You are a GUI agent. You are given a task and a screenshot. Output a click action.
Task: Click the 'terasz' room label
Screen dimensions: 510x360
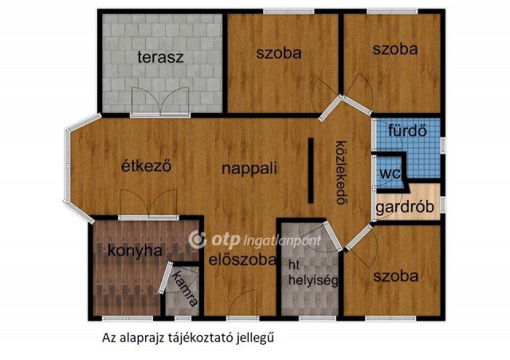coord(160,57)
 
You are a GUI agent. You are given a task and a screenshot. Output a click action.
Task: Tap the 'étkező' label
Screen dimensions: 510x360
coord(146,166)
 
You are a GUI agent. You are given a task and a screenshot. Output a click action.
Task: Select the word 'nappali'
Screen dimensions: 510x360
coord(249,169)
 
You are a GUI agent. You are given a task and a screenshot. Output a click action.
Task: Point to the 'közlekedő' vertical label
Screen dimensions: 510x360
coord(340,172)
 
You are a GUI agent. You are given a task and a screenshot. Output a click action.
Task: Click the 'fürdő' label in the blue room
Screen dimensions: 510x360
coord(407,131)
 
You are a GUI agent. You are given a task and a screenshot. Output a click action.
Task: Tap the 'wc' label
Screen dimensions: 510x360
coord(390,174)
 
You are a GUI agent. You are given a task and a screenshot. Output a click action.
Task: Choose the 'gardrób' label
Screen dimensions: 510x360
coord(405,207)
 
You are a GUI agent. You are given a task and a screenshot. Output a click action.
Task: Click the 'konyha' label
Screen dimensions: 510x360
coord(135,251)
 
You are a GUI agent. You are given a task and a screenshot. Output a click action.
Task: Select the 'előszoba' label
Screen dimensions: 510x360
coord(242,260)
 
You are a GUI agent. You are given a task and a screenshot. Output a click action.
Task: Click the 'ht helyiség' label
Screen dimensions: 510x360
coord(313,272)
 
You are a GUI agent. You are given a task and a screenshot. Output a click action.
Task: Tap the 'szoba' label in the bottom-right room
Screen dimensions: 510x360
coord(395,276)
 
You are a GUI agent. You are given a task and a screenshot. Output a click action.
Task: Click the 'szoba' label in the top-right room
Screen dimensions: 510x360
coord(395,49)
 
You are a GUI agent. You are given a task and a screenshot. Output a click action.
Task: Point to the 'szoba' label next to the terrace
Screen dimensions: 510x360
coord(279,53)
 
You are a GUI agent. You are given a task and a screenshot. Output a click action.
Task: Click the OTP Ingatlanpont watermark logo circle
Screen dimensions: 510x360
coord(198,240)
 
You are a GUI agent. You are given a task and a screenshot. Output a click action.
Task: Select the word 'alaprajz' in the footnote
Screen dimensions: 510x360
coord(142,338)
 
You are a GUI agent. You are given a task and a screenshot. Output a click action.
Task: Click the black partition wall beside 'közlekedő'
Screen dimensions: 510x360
coord(311,170)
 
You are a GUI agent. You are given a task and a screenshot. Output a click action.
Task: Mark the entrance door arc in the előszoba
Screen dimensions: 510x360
coord(243,303)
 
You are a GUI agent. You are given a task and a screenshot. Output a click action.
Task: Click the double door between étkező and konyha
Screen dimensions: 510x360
coord(148,204)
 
